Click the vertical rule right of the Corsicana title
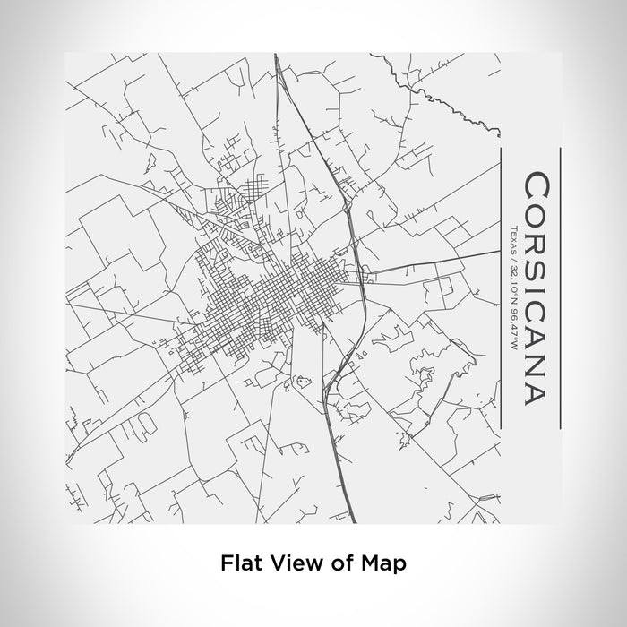pos(561,288)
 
